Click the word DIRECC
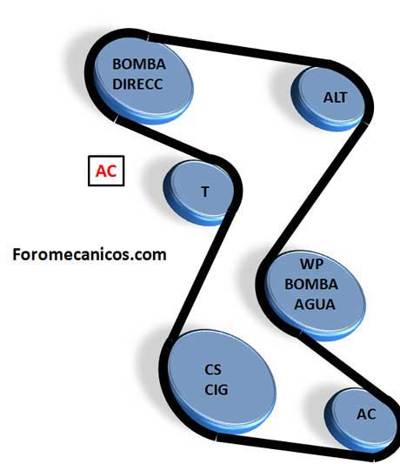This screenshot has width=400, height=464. coord(137,84)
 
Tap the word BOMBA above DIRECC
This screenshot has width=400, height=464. coord(139,64)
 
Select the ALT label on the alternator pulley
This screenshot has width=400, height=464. coord(335,98)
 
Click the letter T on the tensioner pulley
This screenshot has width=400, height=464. coord(205,192)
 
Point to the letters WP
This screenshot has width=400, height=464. coord(311,264)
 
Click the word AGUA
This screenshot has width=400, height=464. coord(315,305)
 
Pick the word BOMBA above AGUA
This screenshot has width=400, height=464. coord(311,285)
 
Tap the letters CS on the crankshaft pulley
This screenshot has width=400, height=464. coord(212,370)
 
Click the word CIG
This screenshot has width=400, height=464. coord(217,390)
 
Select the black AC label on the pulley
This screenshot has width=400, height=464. coord(366,414)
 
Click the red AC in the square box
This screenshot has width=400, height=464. coord(106,171)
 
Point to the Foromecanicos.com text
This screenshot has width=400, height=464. coord(90,254)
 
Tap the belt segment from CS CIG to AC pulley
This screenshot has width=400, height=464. coord(293,444)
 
